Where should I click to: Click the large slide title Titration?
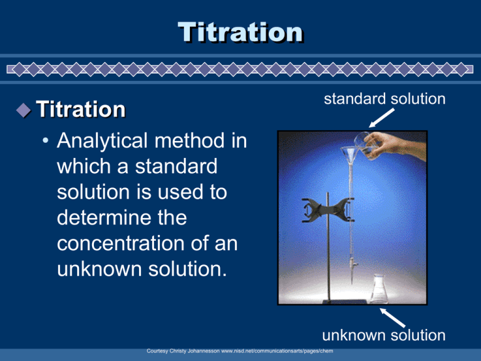[x=240, y=32]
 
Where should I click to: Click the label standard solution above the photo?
[x=386, y=99]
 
